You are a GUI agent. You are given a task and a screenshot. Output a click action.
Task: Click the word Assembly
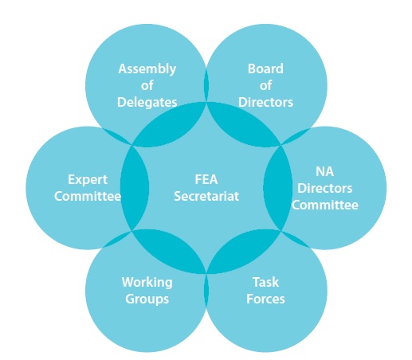click(x=147, y=69)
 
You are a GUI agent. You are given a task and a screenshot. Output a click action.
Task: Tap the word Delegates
click(x=147, y=102)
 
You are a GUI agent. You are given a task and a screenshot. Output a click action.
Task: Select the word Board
click(x=265, y=68)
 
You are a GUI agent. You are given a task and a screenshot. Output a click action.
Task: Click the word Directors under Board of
click(x=265, y=102)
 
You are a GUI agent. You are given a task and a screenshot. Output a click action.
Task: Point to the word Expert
click(x=88, y=180)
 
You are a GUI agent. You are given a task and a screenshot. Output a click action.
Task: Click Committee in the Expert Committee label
click(x=88, y=197)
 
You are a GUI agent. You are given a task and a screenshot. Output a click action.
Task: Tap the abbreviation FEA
click(x=206, y=179)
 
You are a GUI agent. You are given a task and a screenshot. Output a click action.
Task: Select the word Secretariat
click(x=206, y=197)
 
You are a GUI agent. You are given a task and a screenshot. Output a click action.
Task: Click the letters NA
click(x=324, y=171)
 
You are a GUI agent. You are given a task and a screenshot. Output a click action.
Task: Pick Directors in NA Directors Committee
click(x=324, y=188)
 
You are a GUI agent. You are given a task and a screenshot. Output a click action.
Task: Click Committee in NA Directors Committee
click(x=324, y=205)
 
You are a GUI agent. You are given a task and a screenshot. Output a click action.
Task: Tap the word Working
click(x=147, y=283)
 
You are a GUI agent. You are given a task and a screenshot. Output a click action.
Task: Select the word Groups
click(x=147, y=299)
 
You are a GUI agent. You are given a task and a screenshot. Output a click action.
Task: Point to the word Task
click(x=265, y=282)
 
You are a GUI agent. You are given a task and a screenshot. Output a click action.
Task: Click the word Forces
click(x=265, y=299)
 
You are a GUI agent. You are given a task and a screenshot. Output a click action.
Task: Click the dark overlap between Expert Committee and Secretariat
click(x=135, y=188)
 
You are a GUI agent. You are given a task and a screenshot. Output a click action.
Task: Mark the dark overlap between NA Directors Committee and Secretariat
click(x=278, y=188)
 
